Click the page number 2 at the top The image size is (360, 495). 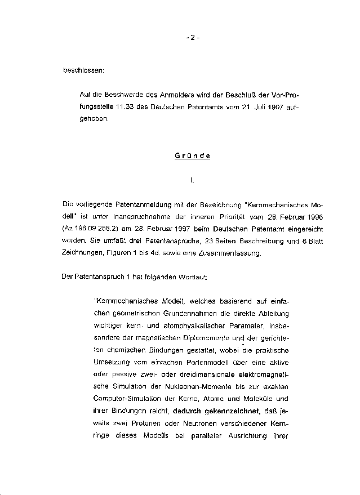pos(192,38)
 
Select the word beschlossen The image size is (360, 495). pos(83,71)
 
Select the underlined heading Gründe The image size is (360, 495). pos(192,156)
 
